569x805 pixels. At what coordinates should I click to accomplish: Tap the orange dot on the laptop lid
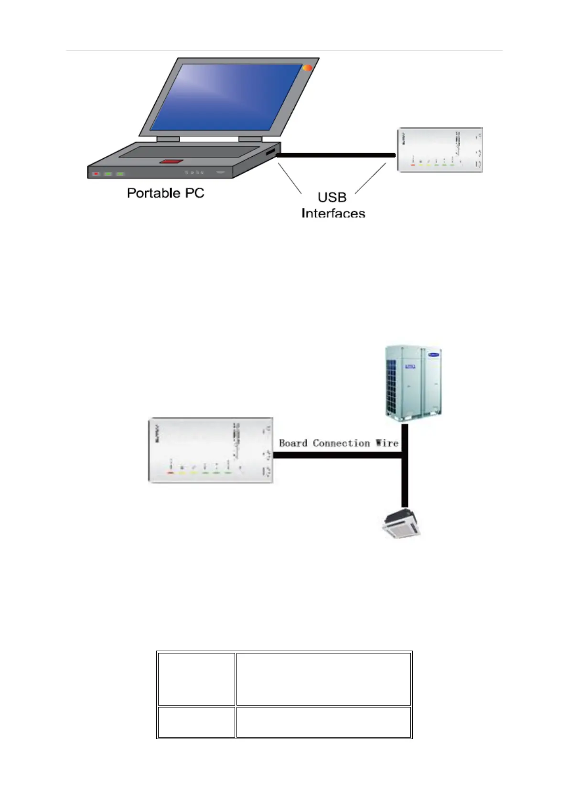tap(308, 68)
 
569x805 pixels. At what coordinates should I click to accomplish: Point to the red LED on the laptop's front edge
tap(96, 174)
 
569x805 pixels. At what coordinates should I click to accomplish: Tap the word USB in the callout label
tap(332, 197)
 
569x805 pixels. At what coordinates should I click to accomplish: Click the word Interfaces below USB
tap(333, 213)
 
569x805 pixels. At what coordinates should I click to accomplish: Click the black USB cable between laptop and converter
tap(334, 155)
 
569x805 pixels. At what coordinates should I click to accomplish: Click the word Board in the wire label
tap(293, 443)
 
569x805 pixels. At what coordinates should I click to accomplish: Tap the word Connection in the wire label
tap(341, 443)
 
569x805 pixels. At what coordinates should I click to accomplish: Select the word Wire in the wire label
tap(386, 443)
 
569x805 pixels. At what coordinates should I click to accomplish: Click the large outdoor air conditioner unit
tap(414, 382)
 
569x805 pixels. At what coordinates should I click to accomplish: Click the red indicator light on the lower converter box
tap(170, 472)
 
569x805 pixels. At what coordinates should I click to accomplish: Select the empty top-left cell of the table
tap(196, 678)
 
